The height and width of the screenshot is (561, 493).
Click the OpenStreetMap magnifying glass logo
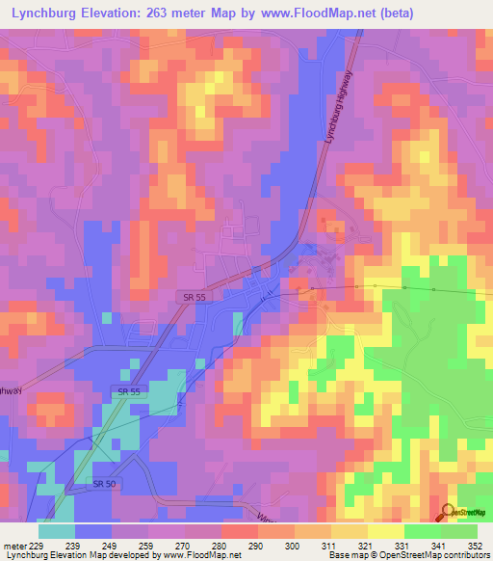pyautogui.click(x=448, y=513)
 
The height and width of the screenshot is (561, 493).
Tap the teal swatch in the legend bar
pyautogui.click(x=57, y=531)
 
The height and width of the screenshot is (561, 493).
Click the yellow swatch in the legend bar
pyautogui.click(x=384, y=531)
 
